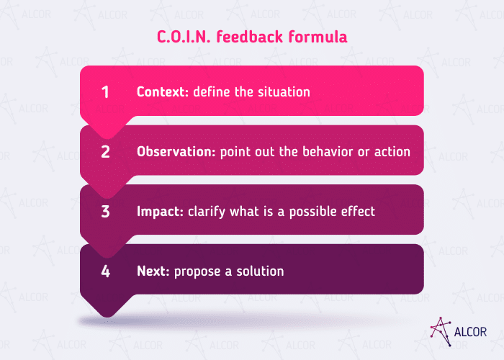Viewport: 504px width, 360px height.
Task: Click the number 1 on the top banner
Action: [105, 92]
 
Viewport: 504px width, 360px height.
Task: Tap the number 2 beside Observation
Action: [105, 152]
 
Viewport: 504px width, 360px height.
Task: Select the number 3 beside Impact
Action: [105, 212]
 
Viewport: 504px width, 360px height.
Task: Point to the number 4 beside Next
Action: [105, 271]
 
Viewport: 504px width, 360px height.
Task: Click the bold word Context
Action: [163, 92]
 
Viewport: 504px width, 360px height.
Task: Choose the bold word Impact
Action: [158, 212]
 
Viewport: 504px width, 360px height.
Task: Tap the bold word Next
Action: [151, 271]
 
